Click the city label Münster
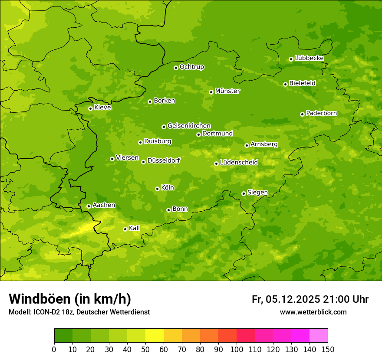pyautogui.click(x=227, y=91)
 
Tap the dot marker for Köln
pyautogui.click(x=157, y=189)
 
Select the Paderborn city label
pyautogui.click(x=321, y=113)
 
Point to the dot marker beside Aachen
pyautogui.click(x=89, y=206)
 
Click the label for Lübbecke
pyautogui.click(x=309, y=58)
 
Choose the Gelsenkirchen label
pyautogui.click(x=189, y=126)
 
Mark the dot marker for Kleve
pyautogui.click(x=90, y=108)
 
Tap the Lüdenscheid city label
pyautogui.click(x=239, y=163)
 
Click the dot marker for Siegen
pyautogui.click(x=244, y=193)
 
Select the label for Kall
pyautogui.click(x=135, y=228)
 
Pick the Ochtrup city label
pyautogui.click(x=191, y=67)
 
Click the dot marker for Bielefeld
pyautogui.click(x=285, y=84)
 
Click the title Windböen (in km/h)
pyautogui.click(x=70, y=299)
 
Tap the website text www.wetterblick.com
pyautogui.click(x=313, y=312)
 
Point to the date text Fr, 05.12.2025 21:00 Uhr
pyautogui.click(x=310, y=299)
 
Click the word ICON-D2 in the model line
pyautogui.click(x=46, y=312)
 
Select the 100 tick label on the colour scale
pyautogui.click(x=237, y=350)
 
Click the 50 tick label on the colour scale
pyautogui.click(x=145, y=350)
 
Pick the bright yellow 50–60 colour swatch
pyautogui.click(x=155, y=336)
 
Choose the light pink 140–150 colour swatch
pyautogui.click(x=319, y=336)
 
